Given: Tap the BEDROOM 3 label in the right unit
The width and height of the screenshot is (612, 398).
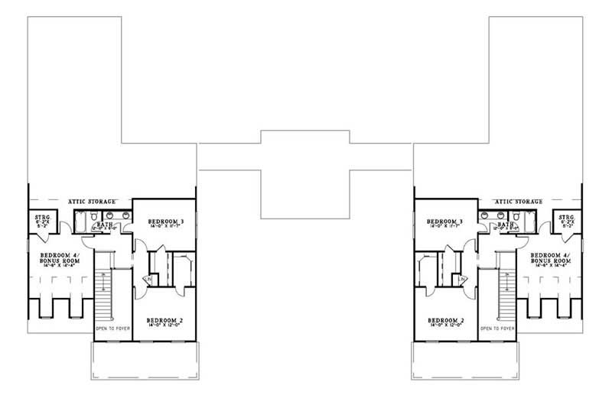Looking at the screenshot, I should pos(447,221).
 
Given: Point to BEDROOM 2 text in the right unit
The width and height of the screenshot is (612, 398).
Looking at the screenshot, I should pos(447,319).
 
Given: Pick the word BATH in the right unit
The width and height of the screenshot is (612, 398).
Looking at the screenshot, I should pos(504,224).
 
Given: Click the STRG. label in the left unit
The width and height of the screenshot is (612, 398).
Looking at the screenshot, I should pos(43,218).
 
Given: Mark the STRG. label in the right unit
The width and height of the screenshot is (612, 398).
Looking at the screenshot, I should pos(567,218).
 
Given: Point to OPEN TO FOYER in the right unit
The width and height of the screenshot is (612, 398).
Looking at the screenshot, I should pos(496,328).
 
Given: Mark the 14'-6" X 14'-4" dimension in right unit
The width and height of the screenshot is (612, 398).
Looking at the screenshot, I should pos(550,270).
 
